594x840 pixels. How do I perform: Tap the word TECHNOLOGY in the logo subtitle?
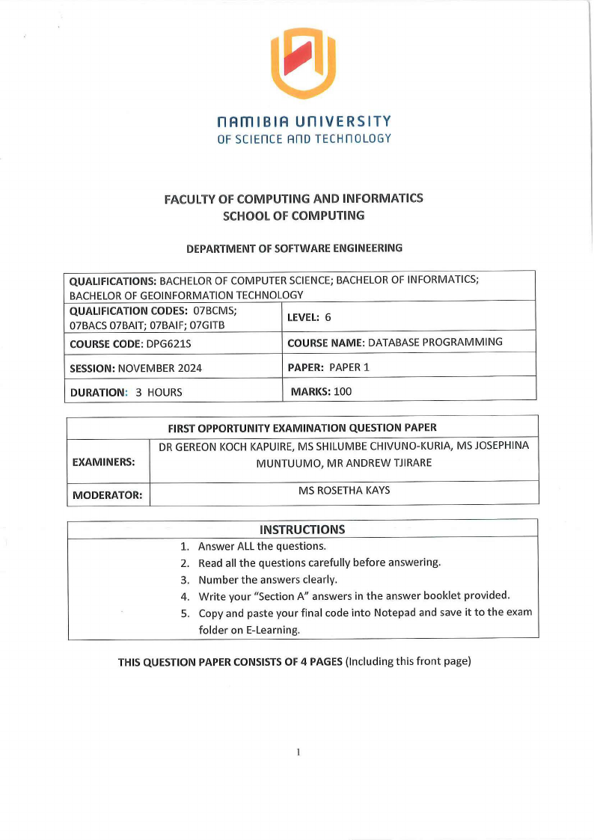click(358, 138)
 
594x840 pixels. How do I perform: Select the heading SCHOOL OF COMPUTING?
click(294, 215)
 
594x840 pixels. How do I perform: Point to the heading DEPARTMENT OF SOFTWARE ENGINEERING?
click(294, 248)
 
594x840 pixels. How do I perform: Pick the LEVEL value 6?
click(328, 317)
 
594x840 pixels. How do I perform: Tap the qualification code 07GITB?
click(207, 325)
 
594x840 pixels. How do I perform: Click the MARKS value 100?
click(343, 391)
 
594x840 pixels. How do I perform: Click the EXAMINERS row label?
click(103, 462)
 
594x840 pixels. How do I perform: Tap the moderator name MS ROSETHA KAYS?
click(344, 491)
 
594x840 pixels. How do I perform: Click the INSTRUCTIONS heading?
click(302, 530)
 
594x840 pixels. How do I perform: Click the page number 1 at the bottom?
click(298, 752)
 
